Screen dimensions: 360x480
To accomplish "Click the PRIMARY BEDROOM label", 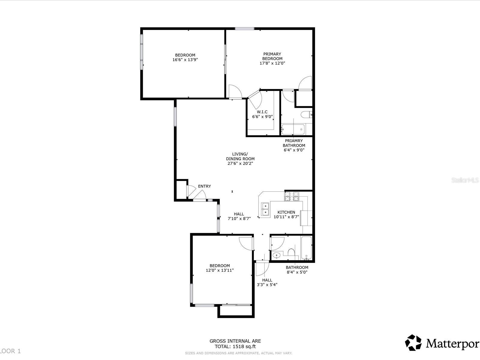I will coord(272,56).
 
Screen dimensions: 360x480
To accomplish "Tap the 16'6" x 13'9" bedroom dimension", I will coord(185,60).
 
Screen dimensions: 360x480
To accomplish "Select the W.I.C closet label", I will coord(262,112).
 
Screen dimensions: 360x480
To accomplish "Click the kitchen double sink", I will coord(265,209).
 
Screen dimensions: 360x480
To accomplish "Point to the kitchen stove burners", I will coord(292,196).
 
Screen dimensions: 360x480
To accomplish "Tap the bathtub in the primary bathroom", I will coord(293,130).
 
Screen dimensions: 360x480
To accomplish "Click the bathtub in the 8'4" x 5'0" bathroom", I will coord(306,248).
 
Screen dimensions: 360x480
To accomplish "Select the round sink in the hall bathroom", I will coord(276,255).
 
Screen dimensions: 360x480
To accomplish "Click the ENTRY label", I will coord(204,186).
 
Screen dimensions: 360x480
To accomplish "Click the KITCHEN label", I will coord(286,212).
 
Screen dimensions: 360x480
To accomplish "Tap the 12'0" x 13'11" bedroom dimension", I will coord(220,270).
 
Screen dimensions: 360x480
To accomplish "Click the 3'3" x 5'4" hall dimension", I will coord(267,285).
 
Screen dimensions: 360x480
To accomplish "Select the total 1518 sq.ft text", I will coord(235,346).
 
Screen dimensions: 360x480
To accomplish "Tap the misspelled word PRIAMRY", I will coord(294,141).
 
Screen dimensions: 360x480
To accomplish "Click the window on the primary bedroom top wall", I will coord(244,28).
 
